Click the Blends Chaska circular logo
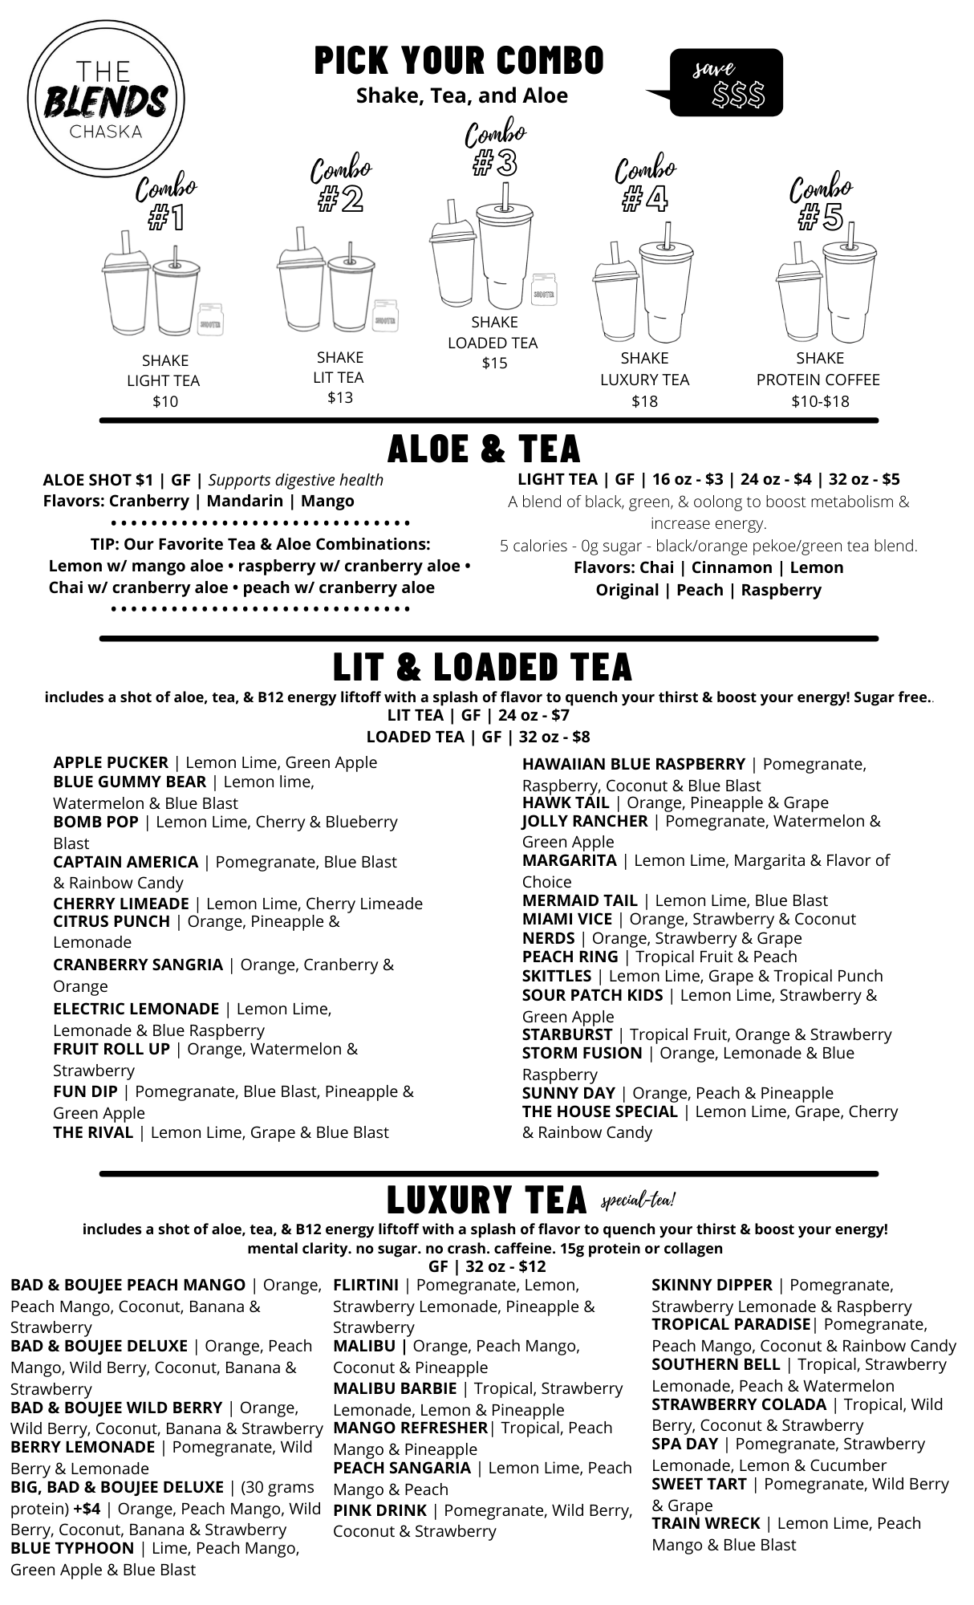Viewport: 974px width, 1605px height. click(106, 100)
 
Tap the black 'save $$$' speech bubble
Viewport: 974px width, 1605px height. click(726, 83)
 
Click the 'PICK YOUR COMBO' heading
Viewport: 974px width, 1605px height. click(460, 61)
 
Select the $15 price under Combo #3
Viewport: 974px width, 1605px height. click(494, 364)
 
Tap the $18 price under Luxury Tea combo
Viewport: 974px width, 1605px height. click(644, 401)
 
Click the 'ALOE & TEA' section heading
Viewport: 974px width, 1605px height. click(484, 449)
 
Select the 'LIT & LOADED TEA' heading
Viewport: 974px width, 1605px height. click(483, 667)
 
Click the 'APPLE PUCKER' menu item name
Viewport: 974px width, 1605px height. click(111, 762)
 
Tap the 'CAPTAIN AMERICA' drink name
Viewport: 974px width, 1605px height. click(125, 862)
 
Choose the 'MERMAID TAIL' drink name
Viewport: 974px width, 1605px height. click(579, 900)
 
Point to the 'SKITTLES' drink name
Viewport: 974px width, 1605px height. click(556, 976)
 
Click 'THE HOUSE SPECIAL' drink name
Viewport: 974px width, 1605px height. click(599, 1111)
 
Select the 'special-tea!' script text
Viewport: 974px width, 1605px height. click(638, 1201)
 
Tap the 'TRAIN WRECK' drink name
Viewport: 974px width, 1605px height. click(705, 1523)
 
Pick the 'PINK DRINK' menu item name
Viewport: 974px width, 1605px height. click(379, 1510)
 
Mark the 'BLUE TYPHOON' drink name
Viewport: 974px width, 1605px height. click(72, 1548)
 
